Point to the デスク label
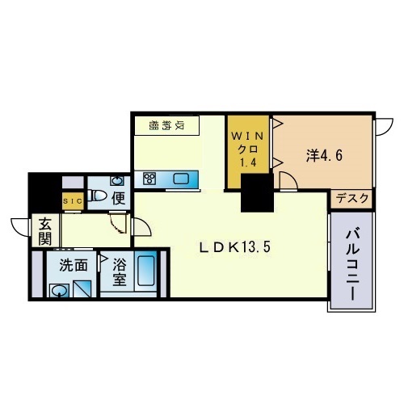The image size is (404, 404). tap(352, 198)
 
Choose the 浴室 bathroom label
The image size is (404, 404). tap(118, 271)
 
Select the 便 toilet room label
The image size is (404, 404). tap(117, 196)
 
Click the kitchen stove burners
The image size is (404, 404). tap(149, 179)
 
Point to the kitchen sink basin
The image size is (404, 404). tap(180, 179)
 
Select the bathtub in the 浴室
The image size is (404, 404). tap(147, 273)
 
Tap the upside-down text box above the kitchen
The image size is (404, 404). tap(167, 125)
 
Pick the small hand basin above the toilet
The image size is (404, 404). tap(116, 180)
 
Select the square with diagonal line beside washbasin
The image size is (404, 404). tap(82, 288)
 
